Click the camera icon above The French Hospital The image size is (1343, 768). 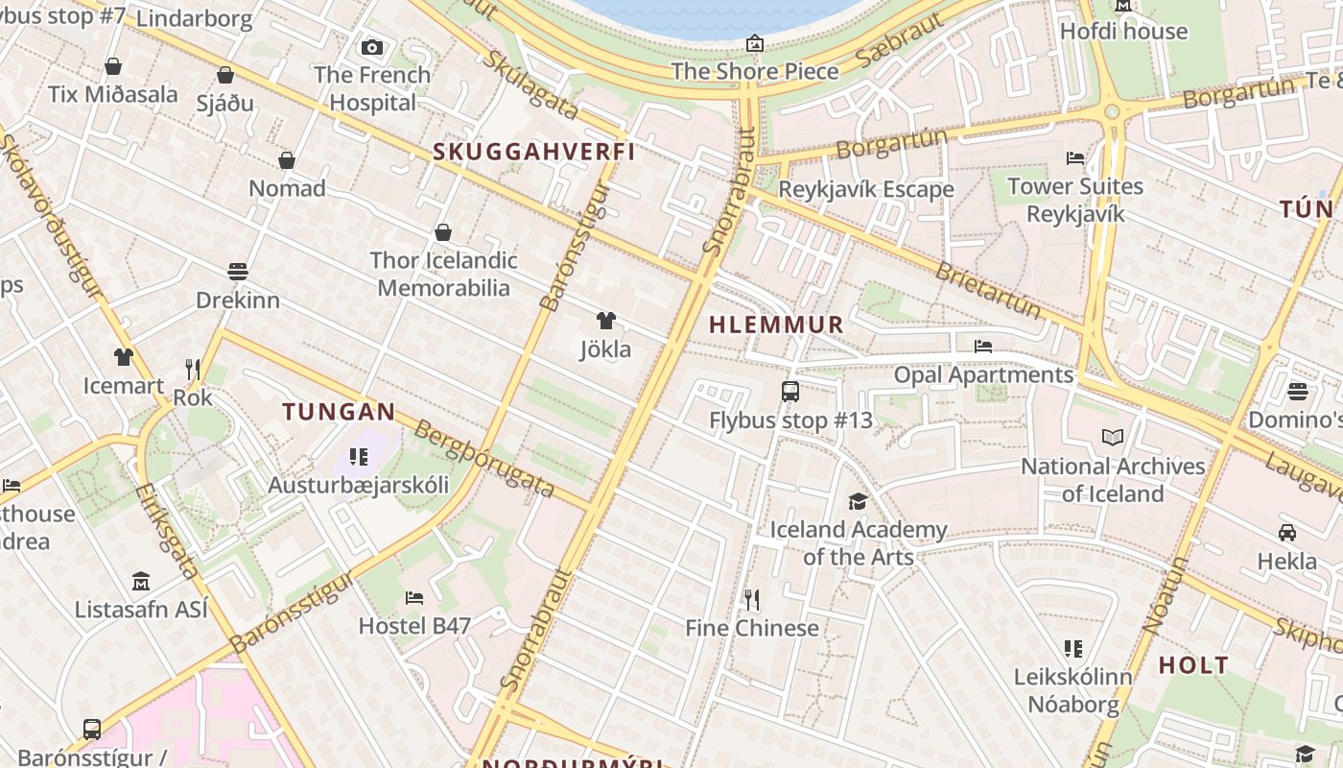coord(372,47)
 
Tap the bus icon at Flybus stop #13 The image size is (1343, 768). coord(790,392)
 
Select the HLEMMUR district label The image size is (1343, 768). coord(776,324)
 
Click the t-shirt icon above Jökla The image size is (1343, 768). coord(605,321)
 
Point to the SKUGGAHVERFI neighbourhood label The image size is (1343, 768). coord(534,152)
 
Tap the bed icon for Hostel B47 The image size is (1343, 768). coord(414,597)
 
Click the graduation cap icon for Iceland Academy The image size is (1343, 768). coord(858,501)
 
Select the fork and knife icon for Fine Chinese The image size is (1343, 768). coord(752,600)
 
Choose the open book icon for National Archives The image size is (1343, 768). coord(1113,438)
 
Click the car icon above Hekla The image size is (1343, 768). coord(1287,533)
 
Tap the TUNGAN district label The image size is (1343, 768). coord(339,412)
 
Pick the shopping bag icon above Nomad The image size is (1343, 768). coord(287,160)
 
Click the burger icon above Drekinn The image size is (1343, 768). coord(238,272)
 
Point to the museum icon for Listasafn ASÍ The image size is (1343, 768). coord(141,581)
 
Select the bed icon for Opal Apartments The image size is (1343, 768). coord(983,347)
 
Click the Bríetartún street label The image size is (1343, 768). coord(988,290)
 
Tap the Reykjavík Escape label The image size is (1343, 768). coord(865,189)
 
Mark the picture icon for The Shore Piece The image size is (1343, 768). coord(755,43)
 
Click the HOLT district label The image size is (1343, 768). coord(1193,664)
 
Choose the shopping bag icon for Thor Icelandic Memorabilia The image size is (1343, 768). coord(443,232)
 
